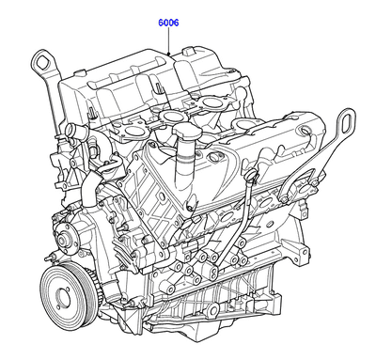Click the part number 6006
(x=168, y=20)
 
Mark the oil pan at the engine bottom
(x=226, y=310)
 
